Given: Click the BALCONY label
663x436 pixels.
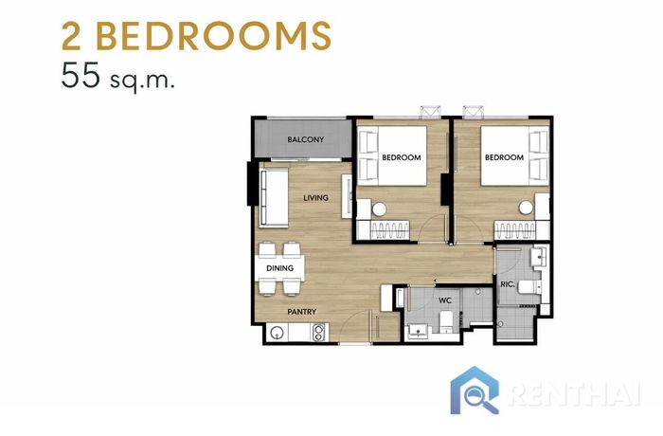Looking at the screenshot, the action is (x=305, y=139).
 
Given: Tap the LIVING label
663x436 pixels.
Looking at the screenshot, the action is (x=315, y=198).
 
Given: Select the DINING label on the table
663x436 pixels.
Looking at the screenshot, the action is (x=280, y=268).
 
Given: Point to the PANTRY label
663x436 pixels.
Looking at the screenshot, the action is (x=302, y=312).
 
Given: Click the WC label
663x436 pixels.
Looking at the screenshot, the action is (x=445, y=300).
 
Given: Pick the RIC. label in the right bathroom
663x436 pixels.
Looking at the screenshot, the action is (x=508, y=284).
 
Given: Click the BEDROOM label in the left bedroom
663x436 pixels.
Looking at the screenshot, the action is (x=402, y=157).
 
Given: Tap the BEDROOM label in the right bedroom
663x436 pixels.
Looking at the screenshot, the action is (x=504, y=157).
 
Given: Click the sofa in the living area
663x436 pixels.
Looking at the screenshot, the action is (x=274, y=197).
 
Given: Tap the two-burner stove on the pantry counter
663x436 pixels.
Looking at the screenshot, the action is (x=318, y=332).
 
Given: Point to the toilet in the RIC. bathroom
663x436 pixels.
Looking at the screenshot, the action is (x=529, y=287).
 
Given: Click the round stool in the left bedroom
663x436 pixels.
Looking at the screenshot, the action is (x=379, y=209).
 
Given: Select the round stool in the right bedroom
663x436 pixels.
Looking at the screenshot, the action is (x=526, y=208).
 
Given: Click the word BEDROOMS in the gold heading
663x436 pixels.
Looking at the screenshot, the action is (x=214, y=36).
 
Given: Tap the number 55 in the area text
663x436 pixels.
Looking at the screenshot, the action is (x=81, y=75).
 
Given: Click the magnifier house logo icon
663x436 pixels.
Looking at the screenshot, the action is (x=475, y=390).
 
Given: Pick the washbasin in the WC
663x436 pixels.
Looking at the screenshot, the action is (x=419, y=331).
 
